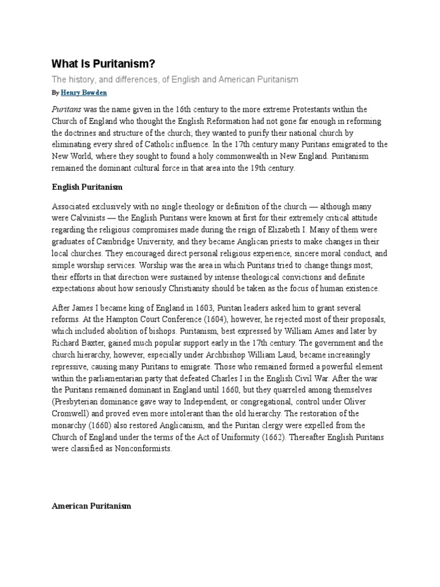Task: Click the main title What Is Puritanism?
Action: [104, 64]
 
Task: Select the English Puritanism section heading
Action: [87, 187]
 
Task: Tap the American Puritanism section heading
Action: [91, 506]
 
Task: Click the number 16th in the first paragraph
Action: [181, 109]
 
